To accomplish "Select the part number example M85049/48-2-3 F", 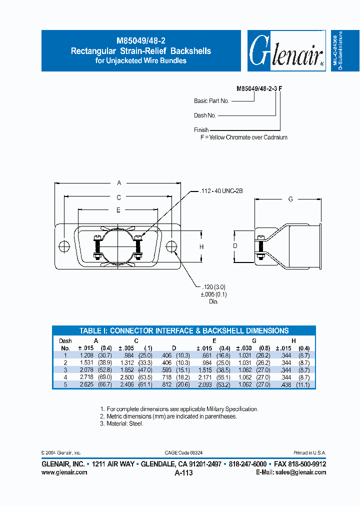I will [x=259, y=88].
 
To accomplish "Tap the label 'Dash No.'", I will [x=205, y=115].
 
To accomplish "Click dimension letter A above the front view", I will [x=118, y=182].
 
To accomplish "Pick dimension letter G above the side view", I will [x=290, y=199].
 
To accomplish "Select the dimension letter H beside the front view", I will [x=201, y=247].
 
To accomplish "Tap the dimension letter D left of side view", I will [x=235, y=246].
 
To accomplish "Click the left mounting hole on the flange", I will [x=64, y=247].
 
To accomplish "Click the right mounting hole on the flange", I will [x=171, y=247].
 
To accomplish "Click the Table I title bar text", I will [x=184, y=330].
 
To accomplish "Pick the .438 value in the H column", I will [x=283, y=384].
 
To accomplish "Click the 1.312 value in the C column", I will [x=126, y=362].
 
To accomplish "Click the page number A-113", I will [x=183, y=472].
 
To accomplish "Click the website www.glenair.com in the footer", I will [x=64, y=472].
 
